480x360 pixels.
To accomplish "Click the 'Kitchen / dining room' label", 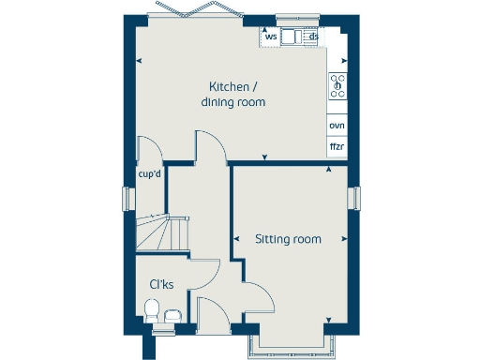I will [x=232, y=94].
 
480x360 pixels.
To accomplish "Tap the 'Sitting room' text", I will [x=288, y=239].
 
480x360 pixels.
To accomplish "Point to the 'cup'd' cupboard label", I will [x=150, y=174].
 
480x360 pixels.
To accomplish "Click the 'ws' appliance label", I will [x=270, y=37].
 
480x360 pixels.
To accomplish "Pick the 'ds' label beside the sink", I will [x=314, y=37].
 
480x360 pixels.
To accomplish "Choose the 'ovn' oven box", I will [x=337, y=126].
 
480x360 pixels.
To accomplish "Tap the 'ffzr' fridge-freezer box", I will [x=337, y=147].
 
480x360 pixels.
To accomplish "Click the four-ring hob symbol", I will [x=337, y=86].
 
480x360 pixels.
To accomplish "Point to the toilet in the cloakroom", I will [x=151, y=309].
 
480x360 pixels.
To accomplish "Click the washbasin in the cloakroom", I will [x=172, y=316].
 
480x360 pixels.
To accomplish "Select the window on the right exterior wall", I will [x=354, y=199].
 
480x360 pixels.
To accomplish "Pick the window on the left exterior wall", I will [x=126, y=200].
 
